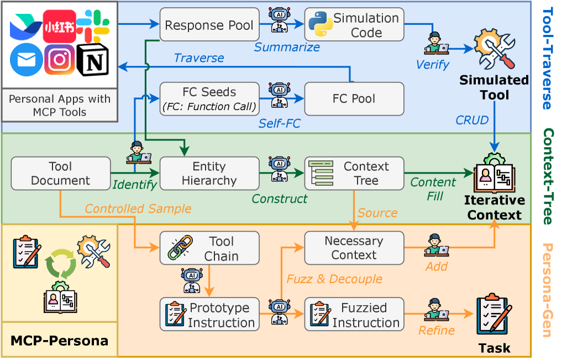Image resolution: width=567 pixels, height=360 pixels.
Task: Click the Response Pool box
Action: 209,24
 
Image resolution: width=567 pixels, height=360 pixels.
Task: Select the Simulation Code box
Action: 354,24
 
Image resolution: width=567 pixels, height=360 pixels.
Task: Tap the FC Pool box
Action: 354,99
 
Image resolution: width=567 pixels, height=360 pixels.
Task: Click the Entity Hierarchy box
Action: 209,173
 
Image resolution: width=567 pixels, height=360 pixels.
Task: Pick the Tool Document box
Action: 61,173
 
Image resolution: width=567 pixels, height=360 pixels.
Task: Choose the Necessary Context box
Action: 354,248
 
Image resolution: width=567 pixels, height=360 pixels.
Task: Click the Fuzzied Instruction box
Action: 354,314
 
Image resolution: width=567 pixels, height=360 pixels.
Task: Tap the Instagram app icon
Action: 60,60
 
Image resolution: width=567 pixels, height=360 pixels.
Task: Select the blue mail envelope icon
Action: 26,60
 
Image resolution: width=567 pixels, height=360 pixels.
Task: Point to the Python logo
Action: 321,24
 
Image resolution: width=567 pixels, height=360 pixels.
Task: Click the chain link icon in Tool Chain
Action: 181,248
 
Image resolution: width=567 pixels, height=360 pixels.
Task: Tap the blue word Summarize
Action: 287,47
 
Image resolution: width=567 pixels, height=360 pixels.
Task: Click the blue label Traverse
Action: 199,58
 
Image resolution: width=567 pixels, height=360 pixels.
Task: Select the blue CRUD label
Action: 472,120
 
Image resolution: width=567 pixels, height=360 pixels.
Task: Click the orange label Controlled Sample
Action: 138,209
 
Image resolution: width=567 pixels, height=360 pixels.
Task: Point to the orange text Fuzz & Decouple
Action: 334,279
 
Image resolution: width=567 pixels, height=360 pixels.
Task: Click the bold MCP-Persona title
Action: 59,341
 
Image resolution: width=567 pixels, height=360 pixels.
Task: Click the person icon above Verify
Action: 437,43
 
